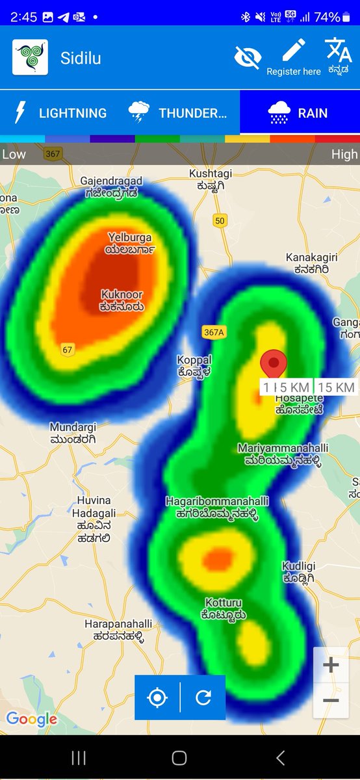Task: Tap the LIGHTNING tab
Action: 60,113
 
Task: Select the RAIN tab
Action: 299,113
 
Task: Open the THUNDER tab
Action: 179,113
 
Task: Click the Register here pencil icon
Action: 294,51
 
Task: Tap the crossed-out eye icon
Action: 247,57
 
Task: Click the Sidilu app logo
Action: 30,57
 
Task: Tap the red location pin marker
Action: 274,364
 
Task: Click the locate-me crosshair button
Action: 157,697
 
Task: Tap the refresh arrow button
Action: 203,697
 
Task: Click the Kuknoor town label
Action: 122,300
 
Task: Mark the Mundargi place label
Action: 73,434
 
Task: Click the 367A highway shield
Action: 213,332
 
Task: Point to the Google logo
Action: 31,719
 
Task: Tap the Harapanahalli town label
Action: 114,630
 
